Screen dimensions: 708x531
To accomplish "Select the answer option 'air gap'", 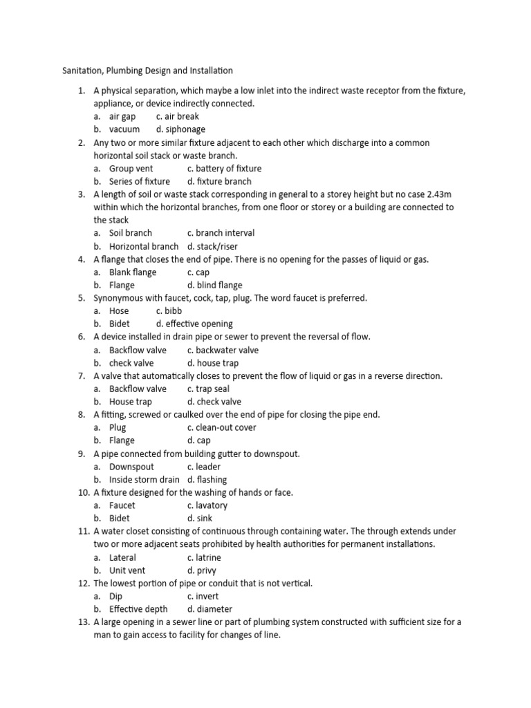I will click(x=122, y=116).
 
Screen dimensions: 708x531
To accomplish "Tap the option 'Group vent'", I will click(x=131, y=168).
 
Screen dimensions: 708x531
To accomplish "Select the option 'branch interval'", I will click(x=225, y=233).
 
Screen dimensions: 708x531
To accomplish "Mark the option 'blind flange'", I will click(x=219, y=285).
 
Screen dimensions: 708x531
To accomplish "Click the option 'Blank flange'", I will click(x=133, y=272).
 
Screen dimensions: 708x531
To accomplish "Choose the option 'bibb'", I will click(x=173, y=311).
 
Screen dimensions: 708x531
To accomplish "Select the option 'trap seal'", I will click(x=212, y=389).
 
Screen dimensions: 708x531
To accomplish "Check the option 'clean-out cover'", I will click(x=225, y=427).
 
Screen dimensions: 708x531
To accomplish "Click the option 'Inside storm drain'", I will click(x=144, y=479).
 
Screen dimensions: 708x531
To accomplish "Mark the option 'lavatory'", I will click(x=211, y=505).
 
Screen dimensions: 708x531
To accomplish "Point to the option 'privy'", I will click(x=206, y=570).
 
